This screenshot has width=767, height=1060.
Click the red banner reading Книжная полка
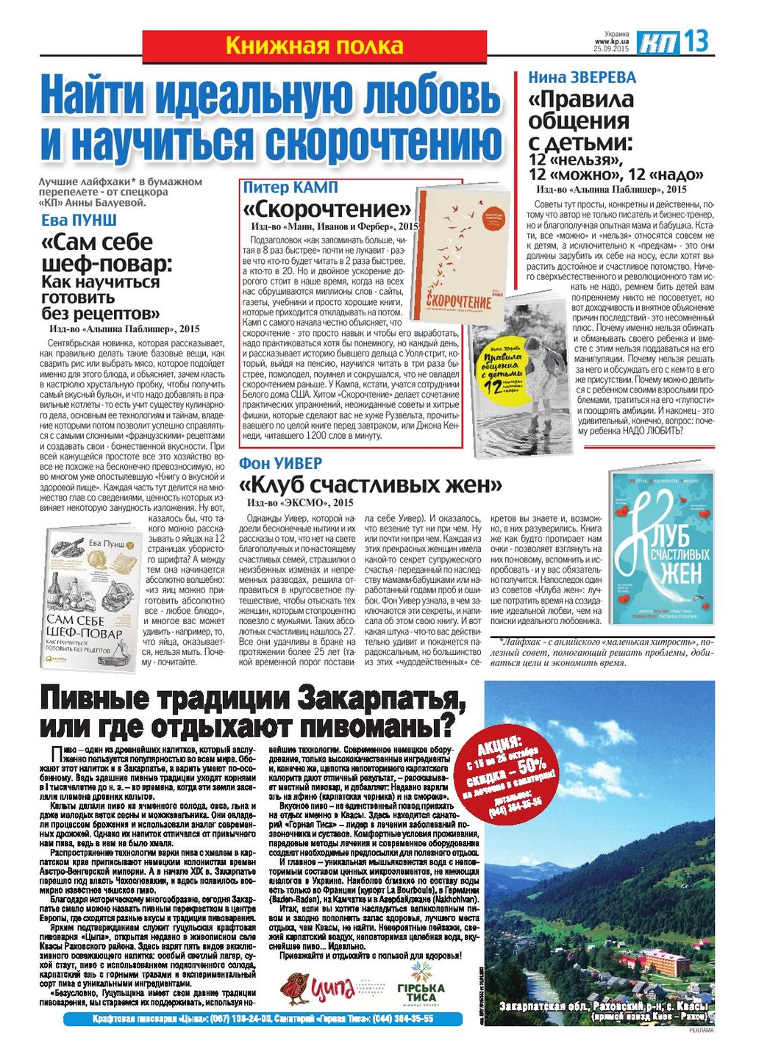pyautogui.click(x=314, y=46)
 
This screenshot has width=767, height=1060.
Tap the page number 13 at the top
pyautogui.click(x=697, y=41)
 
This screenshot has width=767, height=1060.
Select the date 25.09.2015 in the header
pyautogui.click(x=612, y=49)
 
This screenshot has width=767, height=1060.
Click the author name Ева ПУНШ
pyautogui.click(x=79, y=220)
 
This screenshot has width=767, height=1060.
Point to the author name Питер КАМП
pyautogui.click(x=290, y=187)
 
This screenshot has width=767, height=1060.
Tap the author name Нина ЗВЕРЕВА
pyautogui.click(x=582, y=78)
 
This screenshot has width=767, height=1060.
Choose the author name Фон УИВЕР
pyautogui.click(x=280, y=464)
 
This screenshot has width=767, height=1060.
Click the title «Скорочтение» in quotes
pyautogui.click(x=327, y=209)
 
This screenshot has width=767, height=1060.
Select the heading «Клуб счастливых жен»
pyautogui.click(x=371, y=485)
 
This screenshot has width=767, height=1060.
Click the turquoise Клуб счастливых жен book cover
pyautogui.click(x=662, y=548)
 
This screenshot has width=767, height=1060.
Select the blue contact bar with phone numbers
pyautogui.click(x=263, y=1020)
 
